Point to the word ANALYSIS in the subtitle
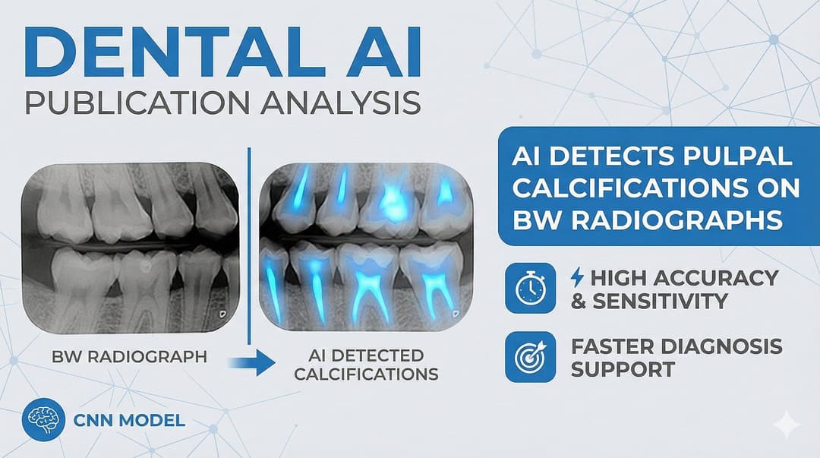(x=340, y=103)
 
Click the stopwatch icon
(x=530, y=288)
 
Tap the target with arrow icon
(x=530, y=356)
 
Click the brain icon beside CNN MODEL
(x=43, y=420)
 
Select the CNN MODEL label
(x=129, y=420)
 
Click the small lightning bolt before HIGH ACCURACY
(x=577, y=277)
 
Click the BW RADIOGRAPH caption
(x=130, y=357)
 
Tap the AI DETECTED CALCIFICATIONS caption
(x=366, y=365)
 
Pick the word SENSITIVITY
(x=660, y=301)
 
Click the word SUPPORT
(x=623, y=370)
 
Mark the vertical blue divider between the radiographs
(x=249, y=246)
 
